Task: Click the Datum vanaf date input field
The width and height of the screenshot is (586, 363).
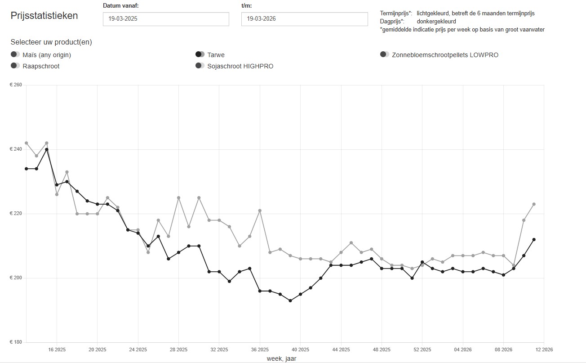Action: tap(166, 19)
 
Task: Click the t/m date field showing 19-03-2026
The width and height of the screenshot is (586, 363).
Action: tap(304, 19)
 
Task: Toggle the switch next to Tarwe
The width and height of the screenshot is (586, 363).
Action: tap(200, 54)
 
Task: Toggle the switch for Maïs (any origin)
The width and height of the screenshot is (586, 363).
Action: tap(15, 54)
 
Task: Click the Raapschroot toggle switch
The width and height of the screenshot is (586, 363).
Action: tap(15, 66)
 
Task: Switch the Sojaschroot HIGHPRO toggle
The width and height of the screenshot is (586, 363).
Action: tap(200, 66)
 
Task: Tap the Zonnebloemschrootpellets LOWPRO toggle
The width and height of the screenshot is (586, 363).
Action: tap(385, 54)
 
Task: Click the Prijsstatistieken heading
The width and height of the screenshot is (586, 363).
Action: tap(44, 16)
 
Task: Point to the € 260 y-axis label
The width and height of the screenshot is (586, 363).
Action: tap(16, 85)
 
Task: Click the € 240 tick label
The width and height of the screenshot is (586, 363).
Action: tap(16, 149)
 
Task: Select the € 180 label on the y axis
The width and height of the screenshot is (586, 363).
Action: tap(16, 342)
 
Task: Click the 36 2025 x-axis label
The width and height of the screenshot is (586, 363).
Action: tap(260, 349)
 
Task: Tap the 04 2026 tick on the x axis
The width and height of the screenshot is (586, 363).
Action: tap(463, 349)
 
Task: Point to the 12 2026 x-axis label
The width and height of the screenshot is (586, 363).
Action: tap(544, 349)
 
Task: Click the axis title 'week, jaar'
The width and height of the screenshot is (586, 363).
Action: tap(281, 359)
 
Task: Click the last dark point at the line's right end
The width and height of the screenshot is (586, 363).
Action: tap(534, 239)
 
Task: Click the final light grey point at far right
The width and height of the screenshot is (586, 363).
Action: tap(534, 204)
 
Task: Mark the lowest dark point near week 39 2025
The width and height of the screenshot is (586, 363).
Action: tap(290, 300)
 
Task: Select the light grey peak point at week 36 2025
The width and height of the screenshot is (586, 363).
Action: tap(260, 211)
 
